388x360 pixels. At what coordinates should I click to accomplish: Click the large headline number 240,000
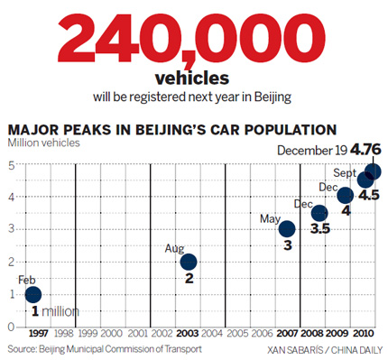(x=192, y=37)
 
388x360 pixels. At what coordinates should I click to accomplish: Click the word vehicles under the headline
(x=192, y=78)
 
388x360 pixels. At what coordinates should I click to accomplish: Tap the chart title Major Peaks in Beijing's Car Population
(x=172, y=129)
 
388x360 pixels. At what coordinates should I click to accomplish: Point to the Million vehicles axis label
(x=46, y=143)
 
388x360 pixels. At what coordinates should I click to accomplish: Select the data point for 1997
(x=32, y=294)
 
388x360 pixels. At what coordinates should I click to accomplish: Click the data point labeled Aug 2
(x=189, y=263)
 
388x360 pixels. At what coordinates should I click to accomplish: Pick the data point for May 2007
(x=287, y=229)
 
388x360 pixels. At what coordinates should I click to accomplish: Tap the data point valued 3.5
(x=319, y=213)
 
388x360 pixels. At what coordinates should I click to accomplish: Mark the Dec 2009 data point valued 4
(x=345, y=196)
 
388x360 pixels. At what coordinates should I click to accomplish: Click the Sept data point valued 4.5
(x=365, y=180)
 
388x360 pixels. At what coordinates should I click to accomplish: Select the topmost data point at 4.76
(x=373, y=171)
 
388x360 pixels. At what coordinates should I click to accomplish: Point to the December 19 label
(x=312, y=151)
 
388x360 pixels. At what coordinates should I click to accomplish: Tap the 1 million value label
(x=55, y=311)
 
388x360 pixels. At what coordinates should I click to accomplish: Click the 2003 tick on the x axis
(x=188, y=333)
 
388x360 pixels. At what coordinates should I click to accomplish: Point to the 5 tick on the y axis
(x=12, y=166)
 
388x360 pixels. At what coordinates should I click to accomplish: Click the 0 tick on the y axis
(x=12, y=326)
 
